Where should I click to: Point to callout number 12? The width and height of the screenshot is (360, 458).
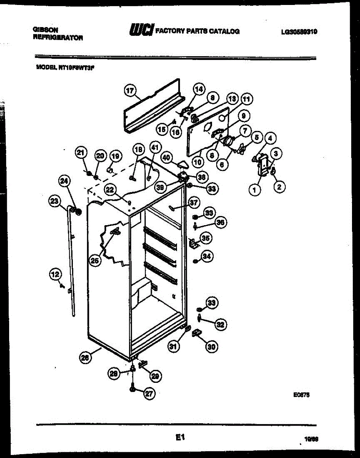[55, 273]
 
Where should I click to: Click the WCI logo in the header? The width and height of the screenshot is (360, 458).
[141, 30]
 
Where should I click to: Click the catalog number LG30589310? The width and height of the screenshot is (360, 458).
[299, 32]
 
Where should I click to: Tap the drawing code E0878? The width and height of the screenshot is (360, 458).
[301, 396]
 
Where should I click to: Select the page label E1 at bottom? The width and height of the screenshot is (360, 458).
[180, 438]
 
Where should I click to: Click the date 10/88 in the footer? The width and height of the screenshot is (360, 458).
[312, 440]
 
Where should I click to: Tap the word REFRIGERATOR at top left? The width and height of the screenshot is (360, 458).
[58, 37]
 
